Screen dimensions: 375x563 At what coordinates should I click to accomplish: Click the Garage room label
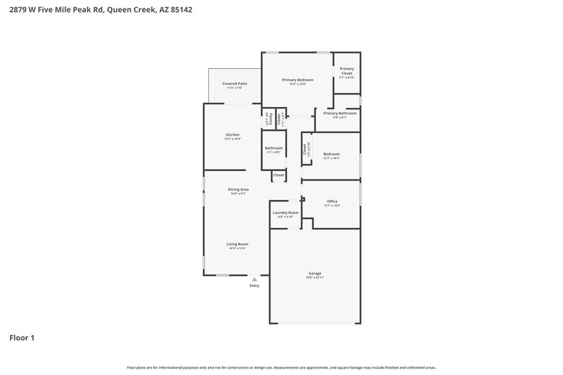[315, 273]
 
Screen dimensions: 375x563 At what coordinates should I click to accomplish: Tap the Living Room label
[238, 244]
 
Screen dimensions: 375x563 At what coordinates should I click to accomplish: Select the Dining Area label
[238, 189]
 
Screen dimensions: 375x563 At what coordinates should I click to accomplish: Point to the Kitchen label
[232, 134]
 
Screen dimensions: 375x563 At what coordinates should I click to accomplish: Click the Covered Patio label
[234, 84]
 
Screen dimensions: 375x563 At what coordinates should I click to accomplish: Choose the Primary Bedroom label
[298, 80]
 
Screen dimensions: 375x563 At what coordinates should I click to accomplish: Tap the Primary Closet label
[347, 70]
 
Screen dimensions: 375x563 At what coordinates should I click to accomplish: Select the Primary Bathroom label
[340, 113]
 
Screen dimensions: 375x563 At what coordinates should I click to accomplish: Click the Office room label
[332, 201]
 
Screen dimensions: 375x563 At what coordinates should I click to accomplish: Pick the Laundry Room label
[285, 212]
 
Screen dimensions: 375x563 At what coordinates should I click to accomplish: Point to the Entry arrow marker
[254, 279]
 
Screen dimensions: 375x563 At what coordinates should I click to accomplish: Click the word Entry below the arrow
[254, 286]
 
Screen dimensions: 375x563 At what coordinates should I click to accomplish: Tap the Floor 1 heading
[22, 338]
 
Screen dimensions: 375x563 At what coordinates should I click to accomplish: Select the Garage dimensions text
[315, 278]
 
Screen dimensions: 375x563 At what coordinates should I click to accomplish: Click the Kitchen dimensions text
[232, 139]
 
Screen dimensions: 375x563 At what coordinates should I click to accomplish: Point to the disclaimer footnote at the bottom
[281, 367]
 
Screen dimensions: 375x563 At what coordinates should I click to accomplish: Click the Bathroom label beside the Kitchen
[274, 148]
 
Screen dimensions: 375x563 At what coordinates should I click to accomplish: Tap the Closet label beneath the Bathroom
[279, 174]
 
